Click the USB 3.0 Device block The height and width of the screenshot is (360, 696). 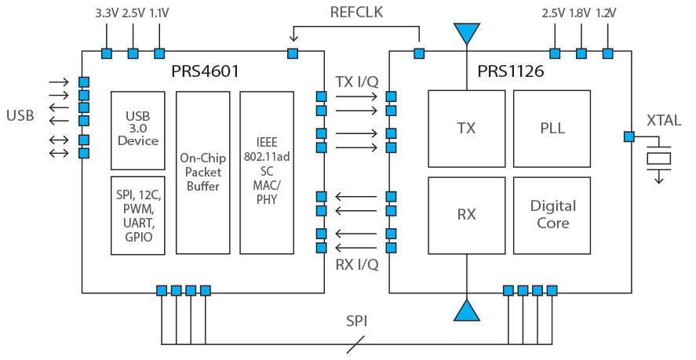pos(137,130)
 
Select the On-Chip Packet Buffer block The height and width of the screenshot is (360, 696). pos(203,173)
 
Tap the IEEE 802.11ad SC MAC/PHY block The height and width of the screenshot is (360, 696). pos(267,173)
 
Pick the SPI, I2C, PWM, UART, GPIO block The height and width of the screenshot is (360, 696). pos(137,216)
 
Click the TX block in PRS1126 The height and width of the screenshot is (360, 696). pos(467,129)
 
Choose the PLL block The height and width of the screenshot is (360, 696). pos(552,129)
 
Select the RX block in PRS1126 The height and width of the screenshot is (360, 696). pos(467,216)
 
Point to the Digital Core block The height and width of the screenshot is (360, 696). pos(552,216)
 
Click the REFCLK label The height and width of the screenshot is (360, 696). pos(356,12)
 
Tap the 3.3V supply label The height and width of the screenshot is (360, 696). pos(107,13)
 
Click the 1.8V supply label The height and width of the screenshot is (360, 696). pos(580,13)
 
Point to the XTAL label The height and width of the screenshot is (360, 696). pos(664,120)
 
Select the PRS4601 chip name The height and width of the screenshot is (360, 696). pos(205,71)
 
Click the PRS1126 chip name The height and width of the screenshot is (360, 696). pos(511,71)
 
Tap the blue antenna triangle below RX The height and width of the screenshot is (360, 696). pos(467,311)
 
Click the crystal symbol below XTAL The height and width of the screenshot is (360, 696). pos(658,158)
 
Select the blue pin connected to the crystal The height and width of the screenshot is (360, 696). pos(629,136)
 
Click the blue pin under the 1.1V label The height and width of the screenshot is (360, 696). pos(159,53)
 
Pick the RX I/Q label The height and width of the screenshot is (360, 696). pos(357,264)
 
